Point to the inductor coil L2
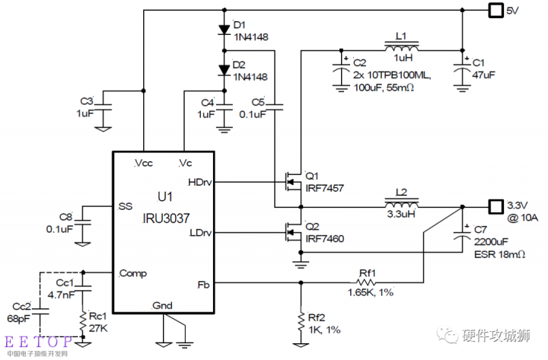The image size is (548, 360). pyautogui.click(x=401, y=205)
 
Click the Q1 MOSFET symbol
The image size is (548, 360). pyautogui.click(x=291, y=181)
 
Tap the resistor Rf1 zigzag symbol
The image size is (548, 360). pyautogui.click(x=371, y=282)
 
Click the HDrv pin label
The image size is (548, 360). pyautogui.click(x=199, y=181)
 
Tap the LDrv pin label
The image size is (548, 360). pyautogui.click(x=200, y=232)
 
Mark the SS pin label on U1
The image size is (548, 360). pyautogui.click(x=126, y=206)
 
